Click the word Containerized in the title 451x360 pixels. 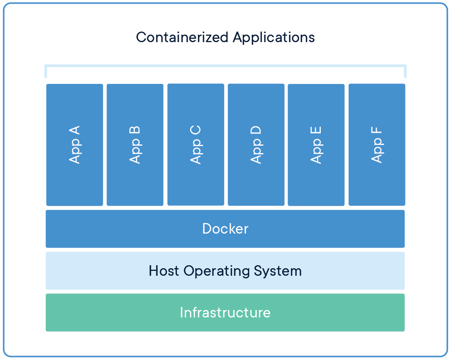click(x=182, y=37)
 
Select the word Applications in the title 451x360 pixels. click(x=274, y=38)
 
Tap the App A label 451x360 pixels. click(x=75, y=145)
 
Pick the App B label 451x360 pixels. click(x=135, y=145)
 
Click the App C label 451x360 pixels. click(x=196, y=145)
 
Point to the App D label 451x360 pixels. click(x=256, y=145)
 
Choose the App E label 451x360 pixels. click(x=316, y=145)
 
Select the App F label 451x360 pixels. click(x=377, y=145)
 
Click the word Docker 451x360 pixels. click(x=225, y=229)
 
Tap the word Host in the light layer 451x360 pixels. click(x=164, y=271)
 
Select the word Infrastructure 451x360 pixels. click(x=225, y=313)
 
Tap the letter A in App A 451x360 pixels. click(x=75, y=131)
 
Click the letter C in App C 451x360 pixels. click(x=196, y=131)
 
